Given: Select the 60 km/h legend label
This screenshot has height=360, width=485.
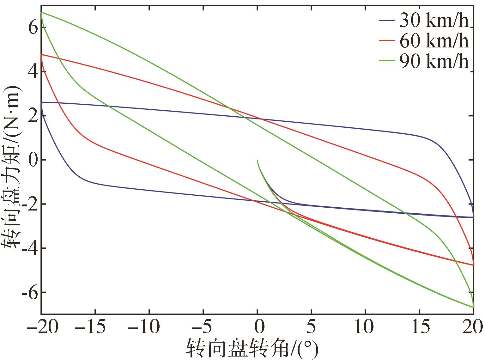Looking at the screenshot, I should click(433, 41).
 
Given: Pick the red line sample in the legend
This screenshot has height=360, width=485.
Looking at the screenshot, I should click(387, 41).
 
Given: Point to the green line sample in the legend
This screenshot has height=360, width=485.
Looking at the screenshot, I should click(387, 61).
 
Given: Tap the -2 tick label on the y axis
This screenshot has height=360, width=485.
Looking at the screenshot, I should click(29, 204).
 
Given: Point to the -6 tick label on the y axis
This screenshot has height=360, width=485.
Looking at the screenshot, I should click(29, 293).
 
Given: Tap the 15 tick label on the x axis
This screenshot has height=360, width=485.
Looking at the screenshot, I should click(419, 327).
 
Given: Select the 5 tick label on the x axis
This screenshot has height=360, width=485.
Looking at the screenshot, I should click(312, 327).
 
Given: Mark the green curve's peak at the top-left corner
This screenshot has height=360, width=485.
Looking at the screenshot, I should click(41, 12).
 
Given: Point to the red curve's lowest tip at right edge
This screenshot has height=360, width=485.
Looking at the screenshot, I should click(473, 265).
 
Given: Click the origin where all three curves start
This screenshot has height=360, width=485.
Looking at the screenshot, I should click(258, 160).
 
